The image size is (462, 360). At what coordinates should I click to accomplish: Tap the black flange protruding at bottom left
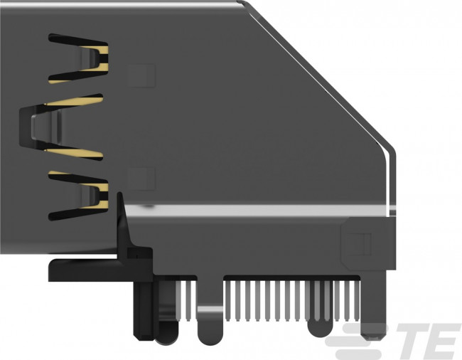pyautogui.click(x=78, y=269)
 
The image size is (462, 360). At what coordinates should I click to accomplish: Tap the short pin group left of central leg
pyautogui.click(x=183, y=299)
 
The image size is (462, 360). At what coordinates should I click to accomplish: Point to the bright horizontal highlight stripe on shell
pyautogui.click(x=249, y=209)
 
